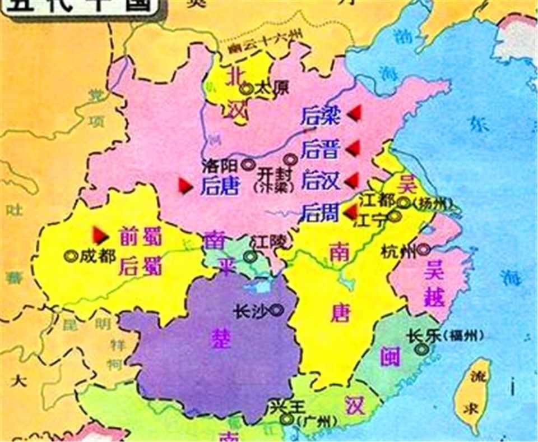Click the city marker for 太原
(x=245, y=88)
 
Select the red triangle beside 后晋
(x=353, y=148)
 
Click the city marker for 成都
(x=71, y=256)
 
